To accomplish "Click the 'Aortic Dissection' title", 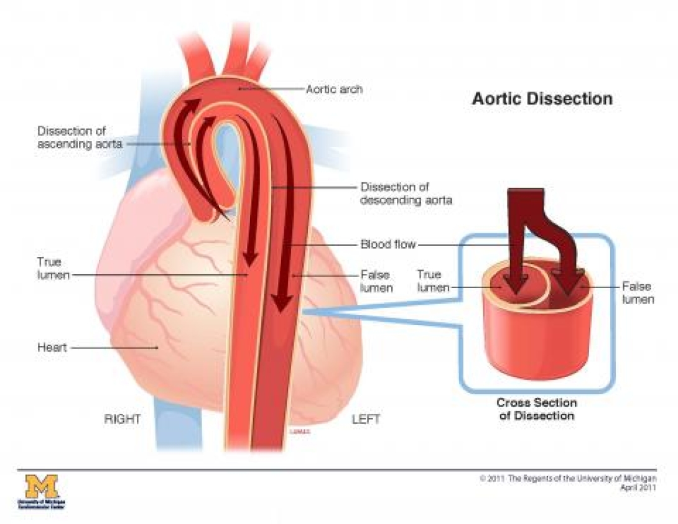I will pos(542,99).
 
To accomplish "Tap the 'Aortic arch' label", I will pos(334,89).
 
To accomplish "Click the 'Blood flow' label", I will pos(388,244).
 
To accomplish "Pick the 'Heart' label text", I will pos(52,347).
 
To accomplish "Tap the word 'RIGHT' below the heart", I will pos(122,419).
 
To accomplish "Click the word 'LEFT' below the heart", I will pos(366,419).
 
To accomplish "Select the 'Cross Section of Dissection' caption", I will pos(536,409).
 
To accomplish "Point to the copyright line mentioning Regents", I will pos(568,479).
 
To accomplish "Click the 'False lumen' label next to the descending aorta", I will pos(376,281).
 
